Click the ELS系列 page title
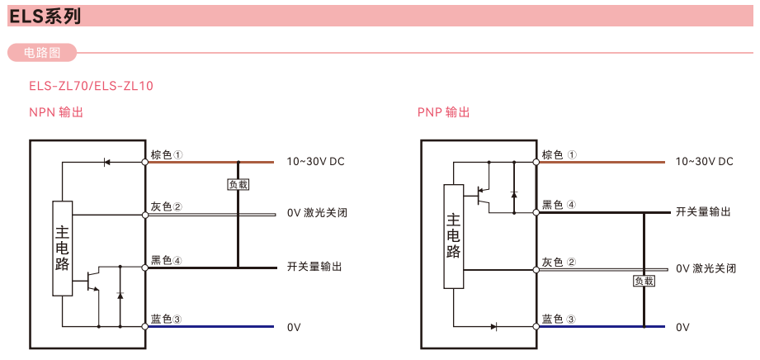pyautogui.click(x=45, y=15)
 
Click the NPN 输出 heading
pyautogui.click(x=57, y=112)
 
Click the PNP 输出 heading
pyautogui.click(x=444, y=112)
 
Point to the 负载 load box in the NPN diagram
pyautogui.click(x=238, y=185)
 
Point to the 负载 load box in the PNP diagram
pyautogui.click(x=644, y=281)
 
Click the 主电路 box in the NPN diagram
pyautogui.click(x=63, y=247)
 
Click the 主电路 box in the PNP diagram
pyautogui.click(x=453, y=236)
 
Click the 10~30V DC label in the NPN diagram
pyautogui.click(x=315, y=162)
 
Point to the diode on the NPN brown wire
pyautogui.click(x=106, y=162)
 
